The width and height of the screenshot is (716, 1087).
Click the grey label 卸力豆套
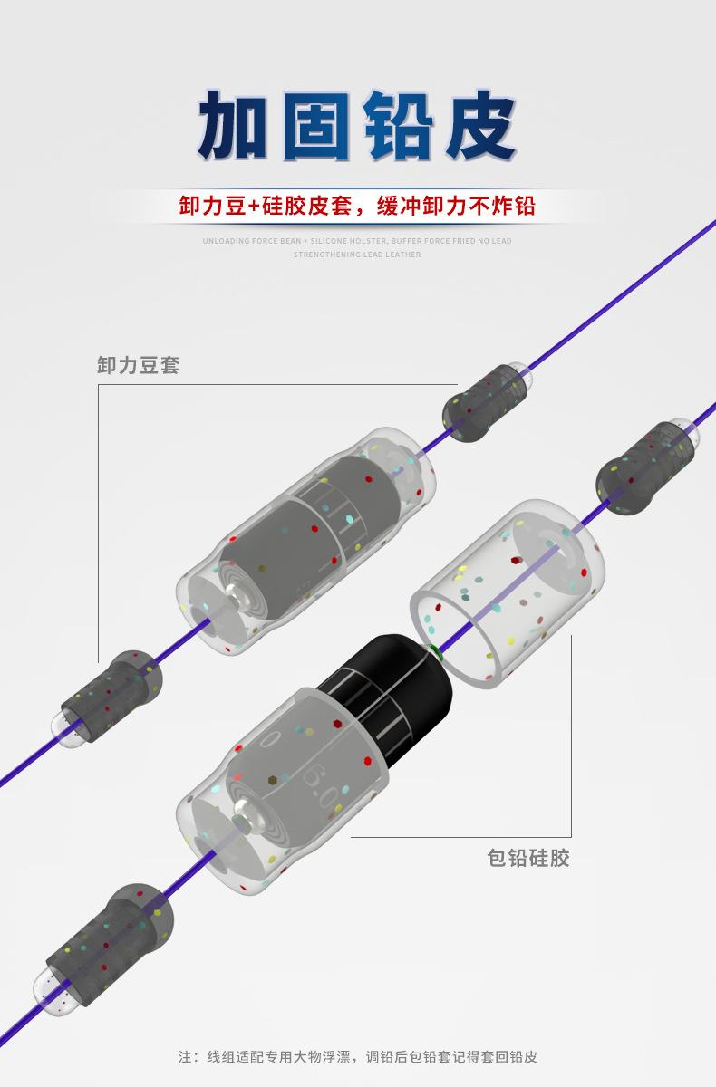138,365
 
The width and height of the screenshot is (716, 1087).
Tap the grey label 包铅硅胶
528,857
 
